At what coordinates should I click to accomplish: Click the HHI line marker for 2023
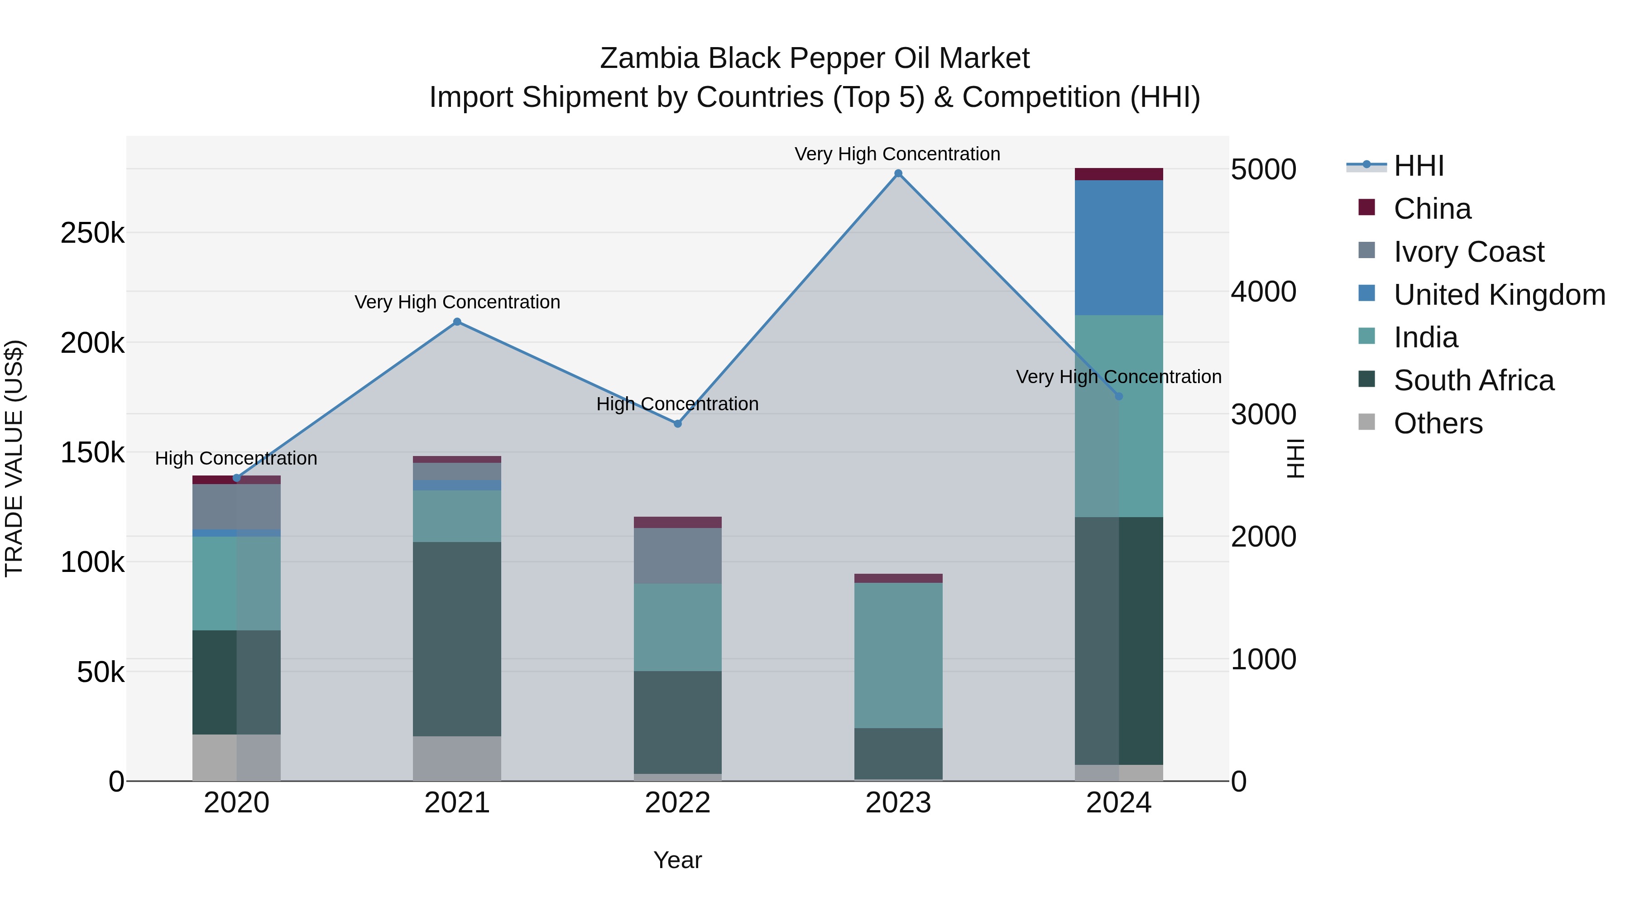point(898,173)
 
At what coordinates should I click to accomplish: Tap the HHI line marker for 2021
point(457,322)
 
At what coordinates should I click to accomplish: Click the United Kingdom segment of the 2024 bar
point(1119,247)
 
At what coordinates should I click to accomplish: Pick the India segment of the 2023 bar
point(898,655)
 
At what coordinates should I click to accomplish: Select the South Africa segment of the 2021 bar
point(457,639)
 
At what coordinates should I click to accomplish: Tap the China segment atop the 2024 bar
point(1119,174)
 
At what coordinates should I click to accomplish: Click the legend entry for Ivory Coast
point(1468,252)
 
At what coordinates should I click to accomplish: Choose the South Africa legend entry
point(1473,380)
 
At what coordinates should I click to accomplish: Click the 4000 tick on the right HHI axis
point(1263,292)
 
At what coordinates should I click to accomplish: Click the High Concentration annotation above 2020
point(236,458)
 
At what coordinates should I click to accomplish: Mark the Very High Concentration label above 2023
point(897,154)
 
